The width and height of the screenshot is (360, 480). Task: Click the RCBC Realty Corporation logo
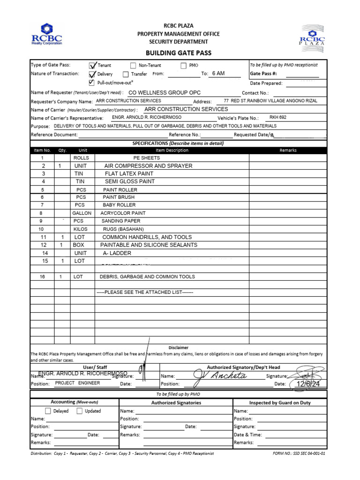(46, 34)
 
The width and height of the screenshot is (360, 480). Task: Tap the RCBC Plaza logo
(312, 36)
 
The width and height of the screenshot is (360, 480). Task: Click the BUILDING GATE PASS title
(178, 53)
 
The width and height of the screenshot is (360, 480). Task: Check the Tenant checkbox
(92, 66)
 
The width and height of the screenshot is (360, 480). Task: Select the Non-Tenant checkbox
(133, 66)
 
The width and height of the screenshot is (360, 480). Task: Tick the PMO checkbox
(183, 66)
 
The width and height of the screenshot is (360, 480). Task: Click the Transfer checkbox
(126, 74)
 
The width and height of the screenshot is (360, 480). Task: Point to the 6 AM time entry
(218, 74)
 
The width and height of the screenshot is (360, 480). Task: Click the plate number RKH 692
(277, 117)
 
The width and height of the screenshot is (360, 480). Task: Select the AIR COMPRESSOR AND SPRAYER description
(148, 166)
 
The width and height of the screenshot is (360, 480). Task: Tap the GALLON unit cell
(82, 213)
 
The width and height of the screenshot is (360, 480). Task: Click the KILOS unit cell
(81, 229)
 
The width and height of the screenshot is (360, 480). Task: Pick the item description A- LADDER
(117, 253)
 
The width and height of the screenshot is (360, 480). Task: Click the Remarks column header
(288, 150)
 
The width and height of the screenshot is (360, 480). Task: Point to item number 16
(42, 277)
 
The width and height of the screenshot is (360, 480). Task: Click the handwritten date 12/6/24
(307, 384)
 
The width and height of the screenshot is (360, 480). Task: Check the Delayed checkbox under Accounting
(48, 411)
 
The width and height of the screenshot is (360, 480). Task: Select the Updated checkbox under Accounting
(80, 411)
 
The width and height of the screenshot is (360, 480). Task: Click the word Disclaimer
(178, 347)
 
